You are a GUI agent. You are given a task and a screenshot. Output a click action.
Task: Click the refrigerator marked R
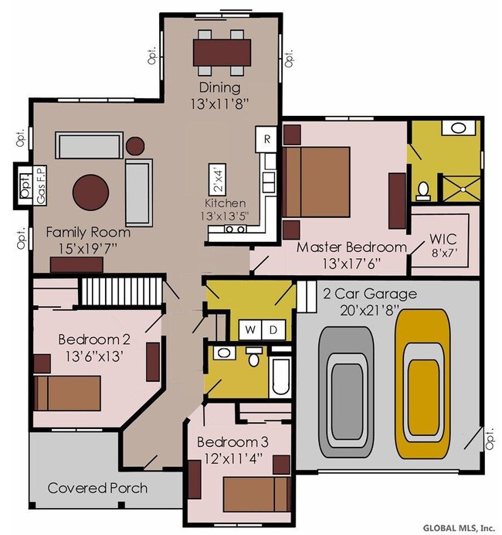266,140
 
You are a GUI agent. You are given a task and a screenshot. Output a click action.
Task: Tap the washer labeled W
250,329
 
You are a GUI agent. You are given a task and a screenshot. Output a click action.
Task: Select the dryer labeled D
273,329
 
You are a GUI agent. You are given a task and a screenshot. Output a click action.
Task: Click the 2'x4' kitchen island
218,180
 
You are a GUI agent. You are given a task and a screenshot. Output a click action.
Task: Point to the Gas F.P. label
41,185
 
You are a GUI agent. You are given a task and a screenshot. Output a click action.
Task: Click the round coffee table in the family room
90,193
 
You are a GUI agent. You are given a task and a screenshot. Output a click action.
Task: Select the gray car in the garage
346,393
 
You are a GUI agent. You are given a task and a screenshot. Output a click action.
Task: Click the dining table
222,53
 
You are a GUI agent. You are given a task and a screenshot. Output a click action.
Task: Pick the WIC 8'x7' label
443,245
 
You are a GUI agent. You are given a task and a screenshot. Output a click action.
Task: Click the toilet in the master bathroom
423,191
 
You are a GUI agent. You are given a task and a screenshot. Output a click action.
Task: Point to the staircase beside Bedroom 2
121,291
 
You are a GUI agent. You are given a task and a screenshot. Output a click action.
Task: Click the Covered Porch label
97,489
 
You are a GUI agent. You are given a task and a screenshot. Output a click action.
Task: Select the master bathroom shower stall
461,189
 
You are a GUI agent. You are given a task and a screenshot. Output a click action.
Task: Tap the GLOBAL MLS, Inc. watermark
459,528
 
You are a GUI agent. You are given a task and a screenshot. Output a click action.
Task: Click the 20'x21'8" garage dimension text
369,311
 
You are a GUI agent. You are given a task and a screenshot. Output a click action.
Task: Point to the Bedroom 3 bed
257,494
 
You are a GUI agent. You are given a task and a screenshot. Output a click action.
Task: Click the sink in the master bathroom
459,128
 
